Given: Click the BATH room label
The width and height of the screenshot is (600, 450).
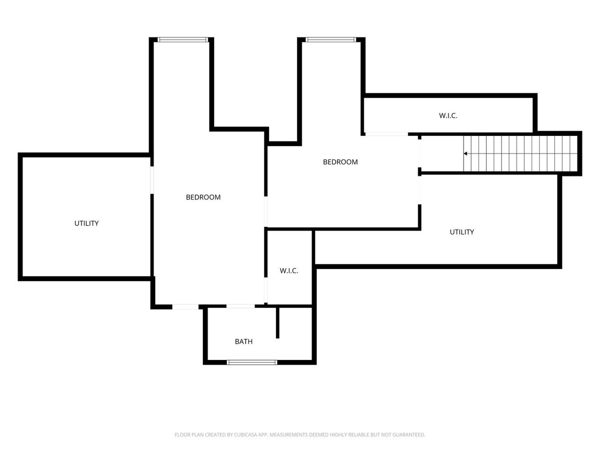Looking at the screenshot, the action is (244, 342).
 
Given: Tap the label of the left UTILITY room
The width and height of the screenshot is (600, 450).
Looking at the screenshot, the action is (86, 224).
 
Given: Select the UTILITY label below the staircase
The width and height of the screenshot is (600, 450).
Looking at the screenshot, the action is (462, 232).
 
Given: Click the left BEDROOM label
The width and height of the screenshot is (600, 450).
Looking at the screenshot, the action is (203, 197).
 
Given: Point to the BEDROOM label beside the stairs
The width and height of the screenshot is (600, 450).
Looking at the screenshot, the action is (340, 162).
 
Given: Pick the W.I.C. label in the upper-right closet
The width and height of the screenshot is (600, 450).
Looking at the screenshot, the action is (448, 116).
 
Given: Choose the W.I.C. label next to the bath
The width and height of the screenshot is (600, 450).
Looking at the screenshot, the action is (289, 271).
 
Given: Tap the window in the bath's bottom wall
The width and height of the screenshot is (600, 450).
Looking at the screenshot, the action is (252, 362).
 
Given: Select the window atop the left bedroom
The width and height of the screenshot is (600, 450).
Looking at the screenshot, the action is (183, 40).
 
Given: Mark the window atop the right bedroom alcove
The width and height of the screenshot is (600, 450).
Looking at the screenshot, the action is (331, 40).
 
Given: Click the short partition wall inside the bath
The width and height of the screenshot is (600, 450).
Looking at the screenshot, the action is (277, 322).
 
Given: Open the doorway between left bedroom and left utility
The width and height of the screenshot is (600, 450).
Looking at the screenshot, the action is (152, 180).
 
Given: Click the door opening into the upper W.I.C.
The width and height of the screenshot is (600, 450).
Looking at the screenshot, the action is (387, 134).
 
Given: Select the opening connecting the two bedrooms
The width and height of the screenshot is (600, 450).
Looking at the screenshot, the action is (266, 211).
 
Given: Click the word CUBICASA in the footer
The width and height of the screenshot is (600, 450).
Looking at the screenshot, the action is (245, 435).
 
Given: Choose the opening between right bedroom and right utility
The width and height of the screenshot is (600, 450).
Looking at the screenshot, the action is (420, 190).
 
